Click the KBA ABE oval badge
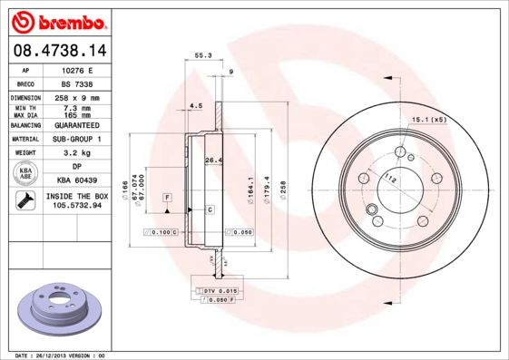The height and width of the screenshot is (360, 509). [26, 174]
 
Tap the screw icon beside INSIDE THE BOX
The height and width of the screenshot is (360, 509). [26, 200]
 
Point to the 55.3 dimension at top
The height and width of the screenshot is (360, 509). [203, 56]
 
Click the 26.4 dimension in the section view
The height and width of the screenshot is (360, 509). [212, 161]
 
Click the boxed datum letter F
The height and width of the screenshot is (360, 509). [168, 197]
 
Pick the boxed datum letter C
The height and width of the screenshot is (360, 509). [210, 209]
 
